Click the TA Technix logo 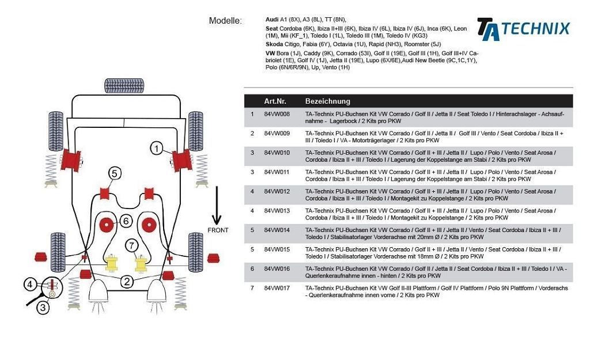pyautogui.click(x=523, y=29)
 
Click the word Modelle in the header pyautogui.click(x=225, y=21)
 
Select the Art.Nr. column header pyautogui.click(x=275, y=101)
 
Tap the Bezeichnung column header pyautogui.click(x=327, y=101)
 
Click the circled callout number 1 pyautogui.click(x=157, y=149)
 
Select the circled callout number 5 pyautogui.click(x=114, y=173)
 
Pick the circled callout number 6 pyautogui.click(x=126, y=221)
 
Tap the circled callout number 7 pyautogui.click(x=132, y=246)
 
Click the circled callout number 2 pyautogui.click(x=126, y=281)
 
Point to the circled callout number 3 pyautogui.click(x=43, y=308)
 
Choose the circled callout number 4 pyautogui.click(x=30, y=284)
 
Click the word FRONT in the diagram pyautogui.click(x=218, y=230)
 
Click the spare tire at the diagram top pyautogui.click(x=124, y=86)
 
